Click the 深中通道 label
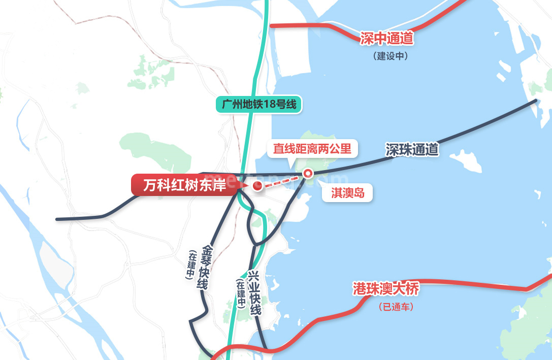387,38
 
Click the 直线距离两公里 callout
312,149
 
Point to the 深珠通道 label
412,149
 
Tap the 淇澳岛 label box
348,193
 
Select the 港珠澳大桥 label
386,289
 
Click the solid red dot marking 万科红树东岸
257,186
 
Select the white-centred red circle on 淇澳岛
307,174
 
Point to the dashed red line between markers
282,180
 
